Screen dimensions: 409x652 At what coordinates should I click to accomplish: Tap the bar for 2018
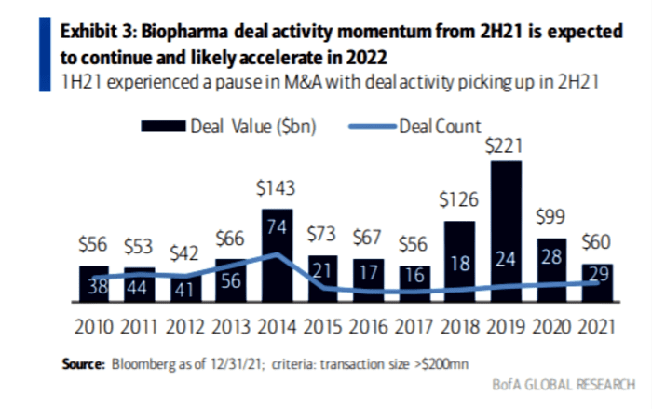pos(459,262)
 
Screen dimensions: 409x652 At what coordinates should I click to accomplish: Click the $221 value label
pos(505,145)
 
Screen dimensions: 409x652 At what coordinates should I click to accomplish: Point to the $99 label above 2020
pos(550,217)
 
